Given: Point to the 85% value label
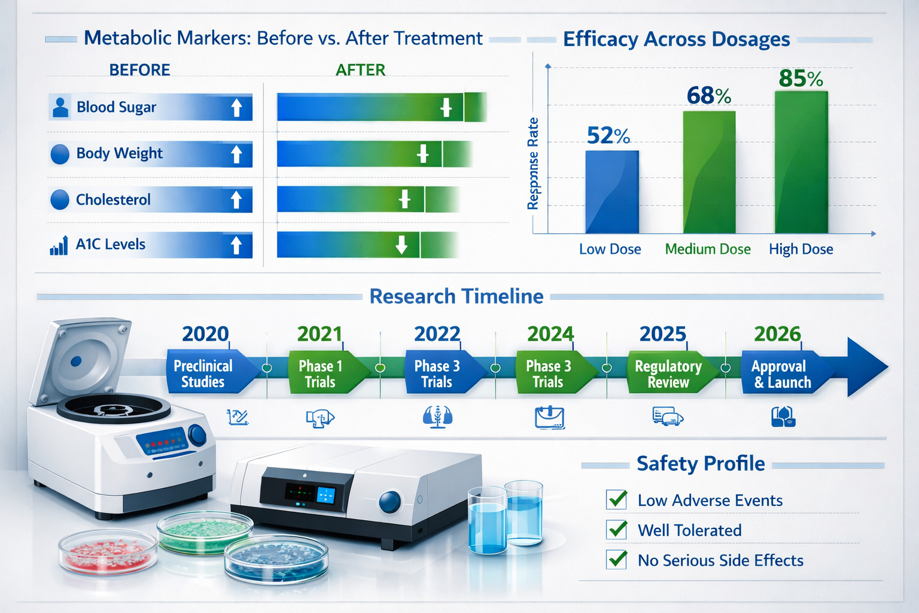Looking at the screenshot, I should click(x=801, y=78).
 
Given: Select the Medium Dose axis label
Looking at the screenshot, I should click(x=707, y=249).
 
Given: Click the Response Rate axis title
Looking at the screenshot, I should click(x=532, y=163).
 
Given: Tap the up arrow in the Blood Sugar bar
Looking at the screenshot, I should click(x=236, y=108).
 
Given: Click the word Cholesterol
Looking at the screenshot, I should click(x=113, y=199).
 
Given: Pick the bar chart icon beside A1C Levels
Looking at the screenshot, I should click(x=59, y=245).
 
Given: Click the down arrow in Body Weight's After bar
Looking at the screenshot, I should click(x=422, y=154).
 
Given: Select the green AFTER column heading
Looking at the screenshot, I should click(x=360, y=70).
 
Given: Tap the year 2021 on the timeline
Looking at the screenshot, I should click(x=319, y=334).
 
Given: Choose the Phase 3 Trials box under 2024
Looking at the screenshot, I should click(x=549, y=374).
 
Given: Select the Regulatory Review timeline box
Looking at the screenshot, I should click(x=668, y=374).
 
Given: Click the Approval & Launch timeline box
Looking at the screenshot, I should click(x=781, y=374).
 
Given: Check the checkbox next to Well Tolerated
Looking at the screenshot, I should click(x=616, y=529).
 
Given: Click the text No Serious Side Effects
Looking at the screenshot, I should click(x=720, y=560).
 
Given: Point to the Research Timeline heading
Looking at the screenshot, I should click(x=456, y=296).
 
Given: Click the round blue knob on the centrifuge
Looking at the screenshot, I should click(x=197, y=435).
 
